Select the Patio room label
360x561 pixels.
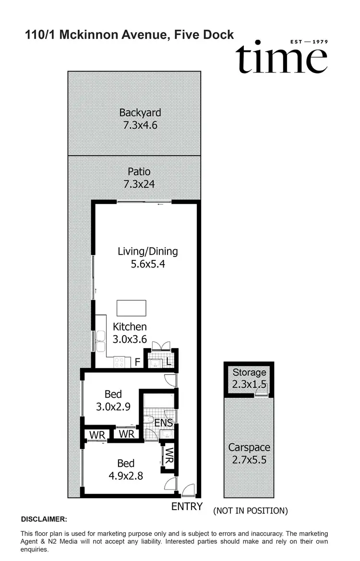pos(139,171)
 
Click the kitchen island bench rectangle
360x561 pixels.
pos(132,307)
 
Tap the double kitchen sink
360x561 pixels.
pos(101,340)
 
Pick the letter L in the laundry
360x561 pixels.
pos(169,361)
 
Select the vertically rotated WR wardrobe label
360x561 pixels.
pos(169,455)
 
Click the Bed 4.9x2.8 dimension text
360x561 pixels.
pos(126,476)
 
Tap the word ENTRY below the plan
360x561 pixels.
pos(187,507)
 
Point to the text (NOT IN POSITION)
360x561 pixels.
pos(251,511)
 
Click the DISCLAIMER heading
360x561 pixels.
pos(44,519)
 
